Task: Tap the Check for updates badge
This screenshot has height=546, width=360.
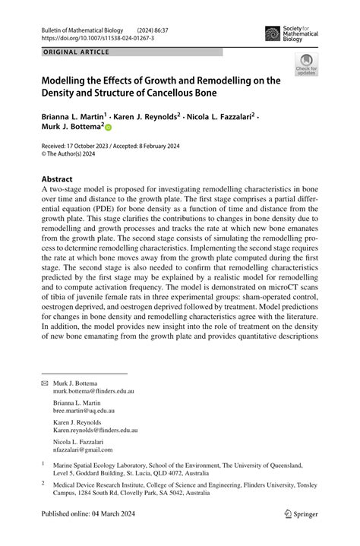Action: (x=306, y=66)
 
